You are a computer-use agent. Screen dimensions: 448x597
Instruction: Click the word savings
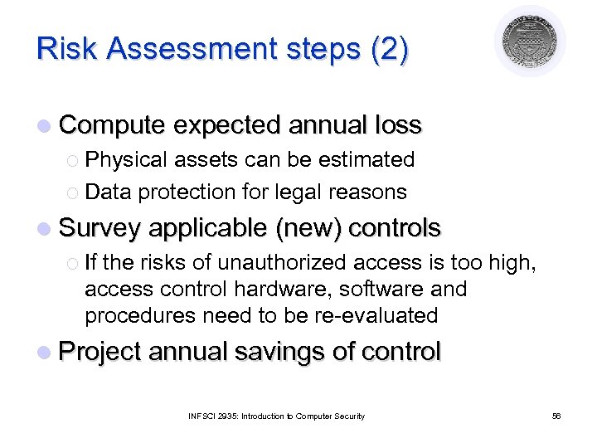(279, 352)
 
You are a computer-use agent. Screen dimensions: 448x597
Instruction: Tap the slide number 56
(556, 416)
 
